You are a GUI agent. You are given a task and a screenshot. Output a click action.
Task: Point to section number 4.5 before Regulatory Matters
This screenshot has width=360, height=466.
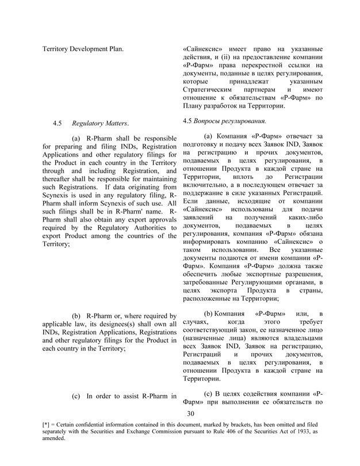[x=57, y=123]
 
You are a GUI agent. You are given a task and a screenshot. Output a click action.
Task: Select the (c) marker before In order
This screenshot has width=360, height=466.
[x=76, y=396]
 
